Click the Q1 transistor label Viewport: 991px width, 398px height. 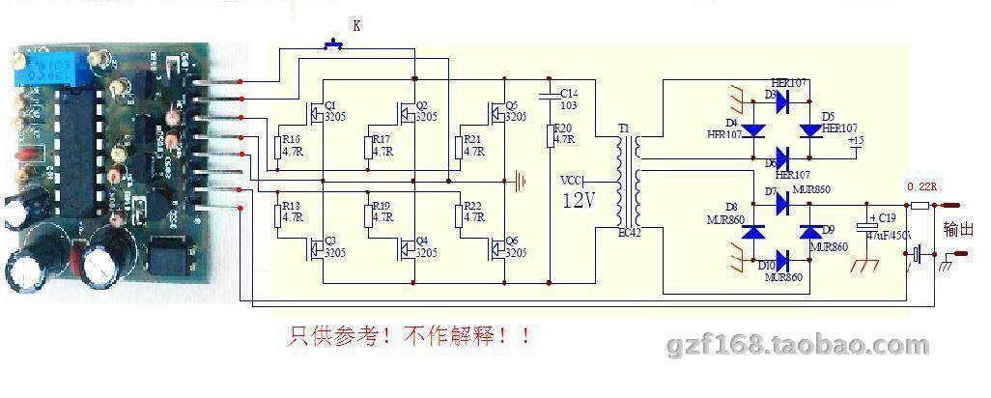[x=329, y=104]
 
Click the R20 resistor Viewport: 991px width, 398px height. [x=551, y=134]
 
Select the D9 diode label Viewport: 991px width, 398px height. [x=827, y=229]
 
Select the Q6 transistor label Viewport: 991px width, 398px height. [x=512, y=241]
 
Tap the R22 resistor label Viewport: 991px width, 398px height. [x=473, y=206]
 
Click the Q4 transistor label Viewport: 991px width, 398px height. [x=421, y=241]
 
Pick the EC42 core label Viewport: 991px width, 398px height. [x=629, y=230]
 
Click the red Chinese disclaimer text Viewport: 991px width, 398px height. [x=410, y=337]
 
